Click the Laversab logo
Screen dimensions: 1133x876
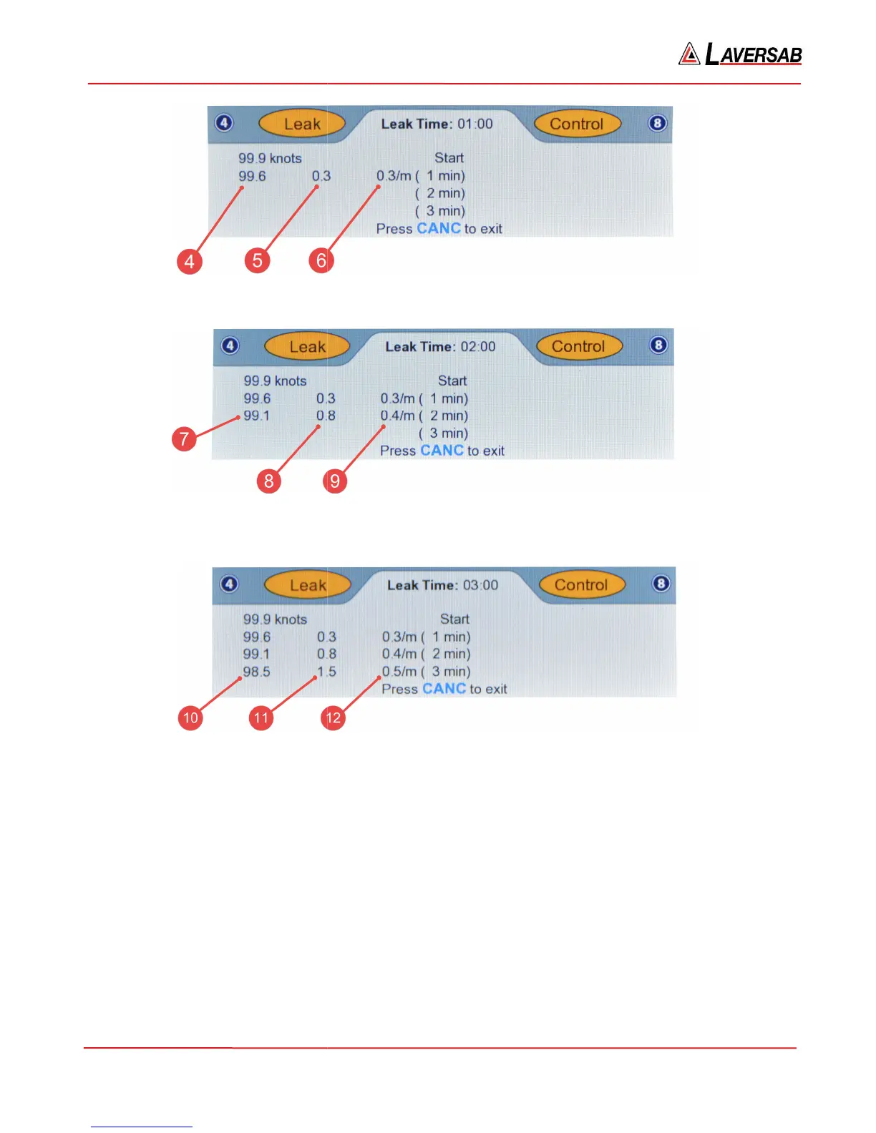click(x=740, y=54)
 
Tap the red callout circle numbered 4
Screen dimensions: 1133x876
click(x=189, y=261)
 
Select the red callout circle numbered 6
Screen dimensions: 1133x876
click(x=321, y=260)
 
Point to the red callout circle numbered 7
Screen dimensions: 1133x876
click(x=184, y=438)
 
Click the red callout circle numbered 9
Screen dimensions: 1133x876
click(x=334, y=481)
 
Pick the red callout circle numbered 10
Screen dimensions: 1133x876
click(x=190, y=717)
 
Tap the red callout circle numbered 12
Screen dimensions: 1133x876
click(x=333, y=717)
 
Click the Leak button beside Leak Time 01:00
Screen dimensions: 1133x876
click(x=302, y=124)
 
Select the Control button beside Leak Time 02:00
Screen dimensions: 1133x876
click(x=578, y=347)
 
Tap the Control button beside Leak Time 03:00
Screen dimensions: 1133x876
click(x=581, y=585)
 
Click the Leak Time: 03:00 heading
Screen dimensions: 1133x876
click(x=442, y=585)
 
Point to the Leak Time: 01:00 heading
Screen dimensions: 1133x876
click(x=437, y=124)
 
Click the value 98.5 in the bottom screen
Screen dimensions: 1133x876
click(x=256, y=672)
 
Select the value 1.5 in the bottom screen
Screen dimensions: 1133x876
click(x=326, y=672)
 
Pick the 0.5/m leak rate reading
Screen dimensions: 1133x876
click(x=399, y=672)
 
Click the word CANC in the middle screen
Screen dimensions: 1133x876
click(x=442, y=451)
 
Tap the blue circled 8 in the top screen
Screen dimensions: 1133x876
click(x=657, y=123)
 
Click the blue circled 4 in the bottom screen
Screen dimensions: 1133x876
click(x=229, y=584)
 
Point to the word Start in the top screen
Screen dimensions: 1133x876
click(x=449, y=158)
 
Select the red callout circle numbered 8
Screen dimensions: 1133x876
click(x=268, y=481)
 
